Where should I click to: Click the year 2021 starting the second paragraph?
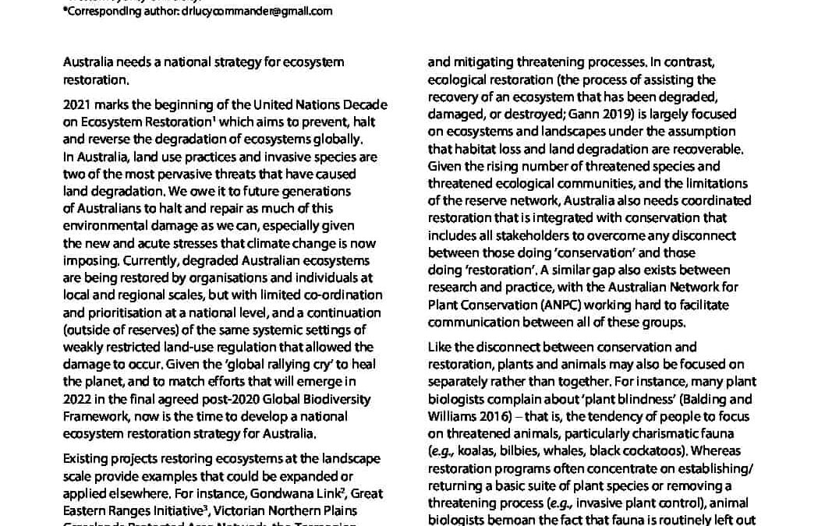76,105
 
